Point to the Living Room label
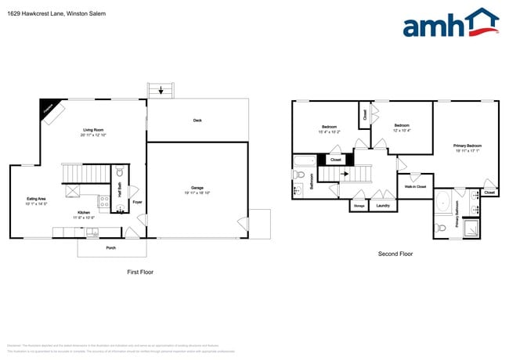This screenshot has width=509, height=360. (x=94, y=130)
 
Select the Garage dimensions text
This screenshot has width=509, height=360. (x=197, y=193)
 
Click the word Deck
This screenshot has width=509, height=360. (x=197, y=120)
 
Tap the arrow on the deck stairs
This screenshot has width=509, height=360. (x=161, y=91)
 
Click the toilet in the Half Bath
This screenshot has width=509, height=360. (x=120, y=173)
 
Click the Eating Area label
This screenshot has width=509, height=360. (x=37, y=199)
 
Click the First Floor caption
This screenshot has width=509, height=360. (x=139, y=272)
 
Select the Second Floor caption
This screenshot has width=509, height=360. (x=395, y=254)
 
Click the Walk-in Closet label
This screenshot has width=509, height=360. (x=415, y=186)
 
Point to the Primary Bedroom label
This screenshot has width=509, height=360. (x=467, y=146)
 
